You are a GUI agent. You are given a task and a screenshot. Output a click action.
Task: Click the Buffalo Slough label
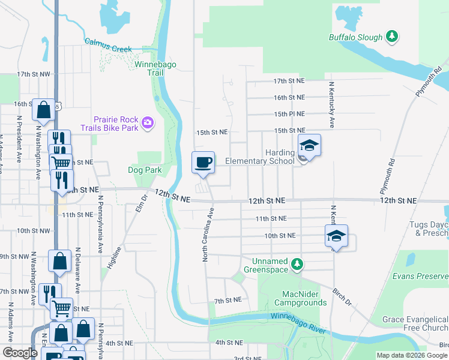[355, 37]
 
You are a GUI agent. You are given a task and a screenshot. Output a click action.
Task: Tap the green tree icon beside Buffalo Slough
[392, 37]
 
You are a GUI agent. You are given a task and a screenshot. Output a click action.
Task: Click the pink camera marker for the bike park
[148, 124]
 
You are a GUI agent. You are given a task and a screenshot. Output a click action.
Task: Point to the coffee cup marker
[203, 163]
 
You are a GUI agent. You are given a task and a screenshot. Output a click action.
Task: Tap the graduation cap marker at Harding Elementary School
[309, 145]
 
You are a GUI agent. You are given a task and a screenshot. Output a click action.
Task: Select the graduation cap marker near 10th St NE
[337, 236]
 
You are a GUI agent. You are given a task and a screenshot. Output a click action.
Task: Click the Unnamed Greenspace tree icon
[297, 264]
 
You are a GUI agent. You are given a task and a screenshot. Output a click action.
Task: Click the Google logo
[20, 353]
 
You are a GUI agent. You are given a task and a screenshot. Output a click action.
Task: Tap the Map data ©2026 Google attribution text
[411, 355]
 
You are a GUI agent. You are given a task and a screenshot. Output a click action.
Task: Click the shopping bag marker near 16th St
[43, 110]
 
